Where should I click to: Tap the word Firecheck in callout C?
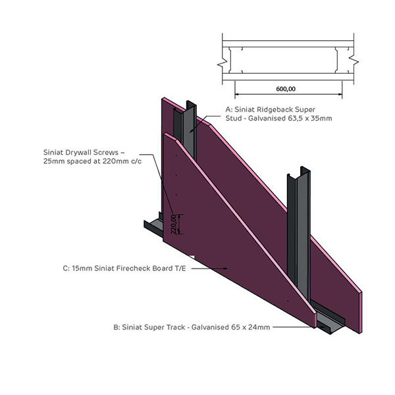tap(123, 269)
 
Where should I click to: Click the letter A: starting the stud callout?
tap(229, 109)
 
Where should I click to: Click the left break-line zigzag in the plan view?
tap(224, 60)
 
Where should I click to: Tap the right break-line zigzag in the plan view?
tap(354, 60)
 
